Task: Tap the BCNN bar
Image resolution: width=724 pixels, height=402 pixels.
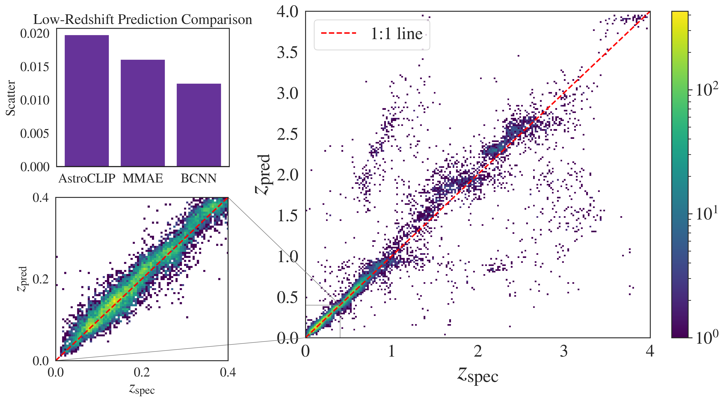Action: pyautogui.click(x=199, y=125)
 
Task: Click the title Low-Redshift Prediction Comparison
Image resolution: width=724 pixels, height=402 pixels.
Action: pyautogui.click(x=143, y=20)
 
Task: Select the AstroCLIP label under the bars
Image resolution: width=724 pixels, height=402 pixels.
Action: pyautogui.click(x=87, y=178)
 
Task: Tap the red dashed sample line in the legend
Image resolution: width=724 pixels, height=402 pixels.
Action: pyautogui.click(x=338, y=33)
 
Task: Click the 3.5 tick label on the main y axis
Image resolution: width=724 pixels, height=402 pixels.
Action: pyautogui.click(x=287, y=52)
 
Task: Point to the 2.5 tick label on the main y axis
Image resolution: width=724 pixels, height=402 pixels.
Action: pyautogui.click(x=287, y=134)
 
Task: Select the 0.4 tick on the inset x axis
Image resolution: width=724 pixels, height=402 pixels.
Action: pyautogui.click(x=228, y=372)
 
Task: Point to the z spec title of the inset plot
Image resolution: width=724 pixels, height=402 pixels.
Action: pyautogui.click(x=142, y=389)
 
